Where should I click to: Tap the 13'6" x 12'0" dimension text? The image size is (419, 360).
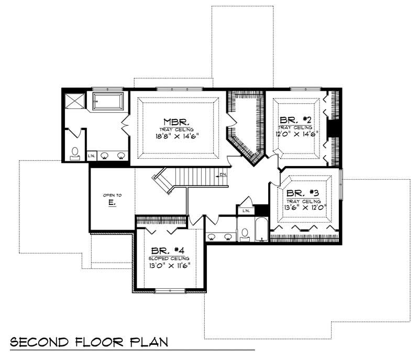[306, 206]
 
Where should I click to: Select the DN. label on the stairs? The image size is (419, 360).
[223, 174]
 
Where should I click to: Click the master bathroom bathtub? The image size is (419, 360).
[108, 101]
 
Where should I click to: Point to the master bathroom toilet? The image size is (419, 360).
[75, 152]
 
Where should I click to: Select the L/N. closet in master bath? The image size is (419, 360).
[91, 155]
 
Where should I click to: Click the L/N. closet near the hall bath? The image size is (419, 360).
[246, 210]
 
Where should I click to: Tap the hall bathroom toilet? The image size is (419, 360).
[245, 233]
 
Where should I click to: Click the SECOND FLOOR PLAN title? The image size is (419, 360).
[89, 342]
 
